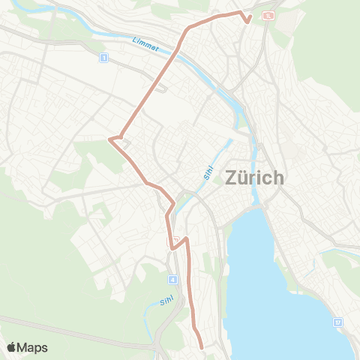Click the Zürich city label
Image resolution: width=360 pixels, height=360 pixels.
tap(254, 178)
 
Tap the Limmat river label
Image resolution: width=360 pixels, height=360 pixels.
tap(145, 45)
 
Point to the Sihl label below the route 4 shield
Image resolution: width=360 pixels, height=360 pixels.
tap(166, 301)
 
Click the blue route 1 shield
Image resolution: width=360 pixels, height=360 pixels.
tap(103, 57)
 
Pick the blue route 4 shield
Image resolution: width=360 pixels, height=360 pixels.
tap(173, 280)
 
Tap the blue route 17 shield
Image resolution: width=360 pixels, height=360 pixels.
tap(338, 321)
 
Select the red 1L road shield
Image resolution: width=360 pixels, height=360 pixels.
tap(268, 14)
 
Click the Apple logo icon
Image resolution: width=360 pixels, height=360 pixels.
tap(11, 347)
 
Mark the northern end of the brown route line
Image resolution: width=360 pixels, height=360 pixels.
tap(247, 22)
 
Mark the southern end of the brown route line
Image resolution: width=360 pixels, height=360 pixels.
tap(202, 347)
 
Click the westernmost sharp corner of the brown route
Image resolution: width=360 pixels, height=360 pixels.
tap(110, 139)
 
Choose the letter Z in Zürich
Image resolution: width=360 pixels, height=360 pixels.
tap(231, 178)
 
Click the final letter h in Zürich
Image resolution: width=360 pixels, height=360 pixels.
tap(278, 178)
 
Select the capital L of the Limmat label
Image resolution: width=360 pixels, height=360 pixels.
tap(134, 38)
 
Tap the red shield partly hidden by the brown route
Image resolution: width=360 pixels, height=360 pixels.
tap(170, 240)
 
